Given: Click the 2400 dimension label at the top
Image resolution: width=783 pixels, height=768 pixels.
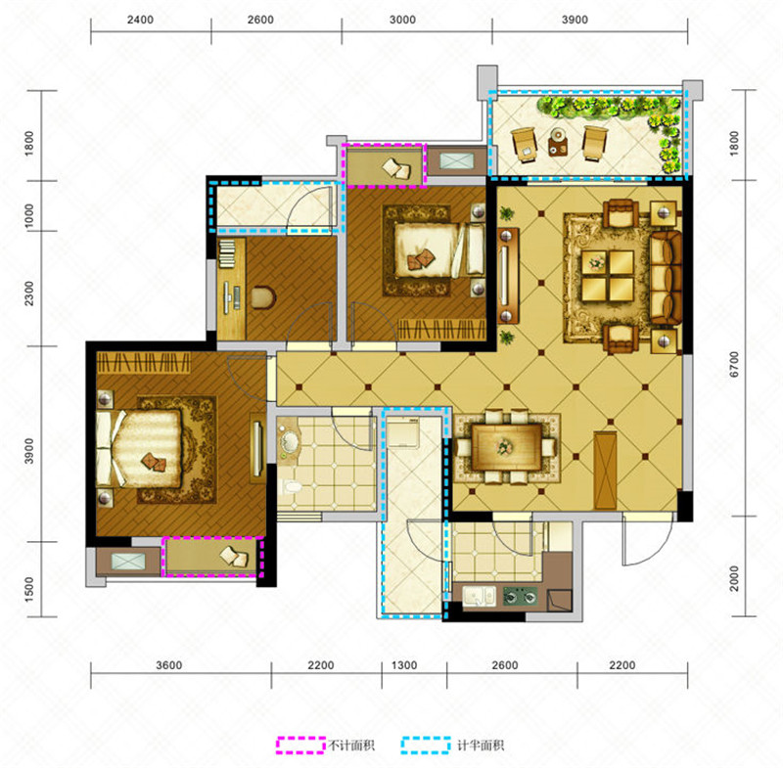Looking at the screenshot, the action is tap(140, 20).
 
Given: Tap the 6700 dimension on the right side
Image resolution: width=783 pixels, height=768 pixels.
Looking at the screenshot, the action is tap(733, 365).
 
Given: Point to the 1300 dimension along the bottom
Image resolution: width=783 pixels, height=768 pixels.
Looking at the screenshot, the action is tap(404, 665).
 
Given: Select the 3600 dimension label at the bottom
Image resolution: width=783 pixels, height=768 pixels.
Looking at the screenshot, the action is tap(168, 665).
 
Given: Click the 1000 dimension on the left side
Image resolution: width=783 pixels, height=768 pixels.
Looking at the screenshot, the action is tap(29, 215).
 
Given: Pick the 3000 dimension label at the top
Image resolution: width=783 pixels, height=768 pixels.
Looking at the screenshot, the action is tap(402, 20).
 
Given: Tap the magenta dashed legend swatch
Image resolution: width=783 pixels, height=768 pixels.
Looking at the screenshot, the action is tap(301, 745).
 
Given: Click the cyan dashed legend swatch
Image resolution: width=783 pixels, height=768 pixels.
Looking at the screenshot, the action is tap(426, 745).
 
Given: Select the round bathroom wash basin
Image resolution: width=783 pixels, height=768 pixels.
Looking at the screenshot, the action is tap(289, 440).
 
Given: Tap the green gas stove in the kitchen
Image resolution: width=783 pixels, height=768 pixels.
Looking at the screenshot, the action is tap(520, 596).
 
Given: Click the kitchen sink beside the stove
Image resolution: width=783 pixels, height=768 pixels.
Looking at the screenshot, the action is tap(479, 596).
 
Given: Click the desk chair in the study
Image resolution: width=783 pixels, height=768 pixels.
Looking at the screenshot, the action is tap(263, 297).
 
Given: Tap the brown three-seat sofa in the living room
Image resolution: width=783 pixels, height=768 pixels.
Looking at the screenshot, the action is tap(667, 278).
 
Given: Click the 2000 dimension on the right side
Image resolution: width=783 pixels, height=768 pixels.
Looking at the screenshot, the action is tap(733, 578).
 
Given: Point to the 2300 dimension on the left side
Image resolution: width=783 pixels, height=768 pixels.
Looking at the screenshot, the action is tap(29, 294).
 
